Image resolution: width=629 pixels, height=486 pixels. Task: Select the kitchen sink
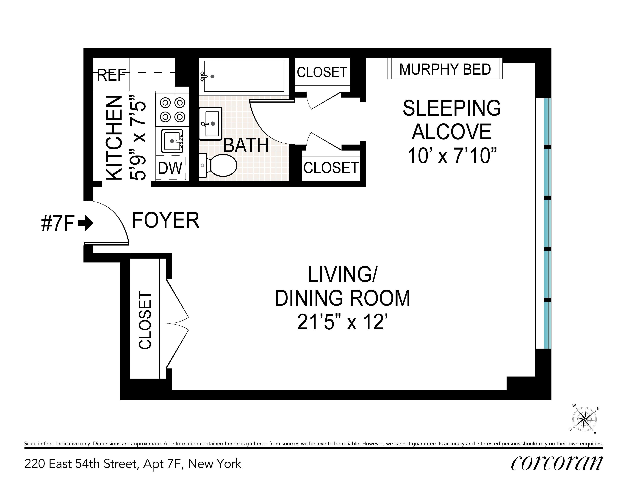click(x=172, y=141)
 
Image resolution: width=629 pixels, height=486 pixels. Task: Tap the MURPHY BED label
click(x=445, y=69)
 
